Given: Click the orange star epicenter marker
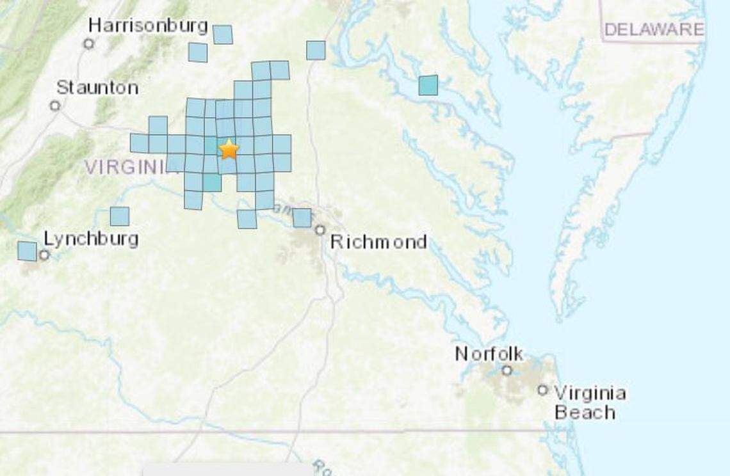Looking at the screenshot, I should coord(229,149).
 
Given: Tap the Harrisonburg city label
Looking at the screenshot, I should coord(148,26).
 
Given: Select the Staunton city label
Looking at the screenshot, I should coord(97,87).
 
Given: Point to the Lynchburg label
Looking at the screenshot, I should coord(91,239).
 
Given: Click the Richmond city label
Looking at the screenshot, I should coord(378,242).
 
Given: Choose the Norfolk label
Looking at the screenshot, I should coord(489,354).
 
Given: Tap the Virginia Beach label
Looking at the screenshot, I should coord(589,402).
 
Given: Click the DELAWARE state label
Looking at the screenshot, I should coord(654,29).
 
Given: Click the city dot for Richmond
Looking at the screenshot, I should coord(320,229).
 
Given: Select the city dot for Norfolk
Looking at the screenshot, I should coord(507,370).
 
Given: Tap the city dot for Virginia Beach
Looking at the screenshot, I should coord(543,390).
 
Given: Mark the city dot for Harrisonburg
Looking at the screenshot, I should coord(89,44).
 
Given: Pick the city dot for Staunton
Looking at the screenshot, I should coord(55,106).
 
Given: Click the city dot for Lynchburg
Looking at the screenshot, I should coord(44,255).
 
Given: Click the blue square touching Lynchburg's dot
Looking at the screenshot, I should coord(27,251).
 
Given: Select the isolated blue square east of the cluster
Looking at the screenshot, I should coord(428,85).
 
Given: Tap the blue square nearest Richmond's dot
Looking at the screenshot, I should coord(302,218).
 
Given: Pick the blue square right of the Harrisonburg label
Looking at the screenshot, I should coord(222,35).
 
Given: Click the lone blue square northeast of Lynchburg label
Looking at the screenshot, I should coord(119,216).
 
